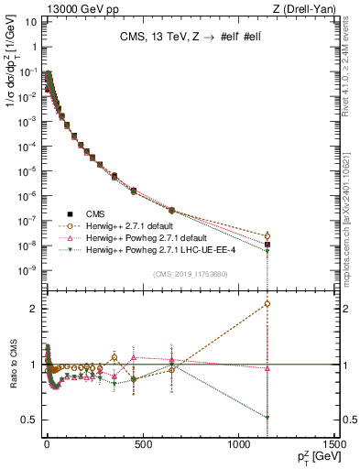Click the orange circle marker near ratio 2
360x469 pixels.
click(267, 303)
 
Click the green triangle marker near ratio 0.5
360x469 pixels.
click(267, 418)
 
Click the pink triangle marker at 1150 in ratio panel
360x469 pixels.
click(267, 369)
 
